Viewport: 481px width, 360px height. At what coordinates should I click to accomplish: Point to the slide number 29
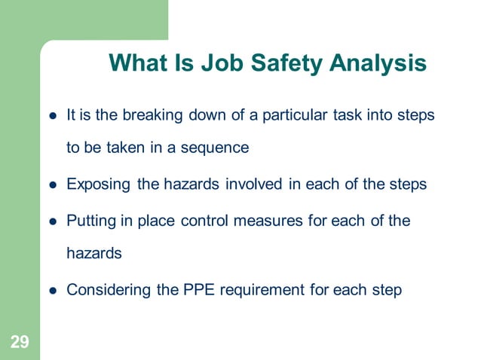(x=20, y=343)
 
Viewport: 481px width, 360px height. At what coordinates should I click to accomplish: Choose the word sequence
(x=213, y=148)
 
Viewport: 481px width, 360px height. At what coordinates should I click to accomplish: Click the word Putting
(x=91, y=221)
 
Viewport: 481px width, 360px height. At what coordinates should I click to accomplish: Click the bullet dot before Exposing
(x=54, y=185)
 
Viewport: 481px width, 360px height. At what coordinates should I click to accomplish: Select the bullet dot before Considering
(x=54, y=290)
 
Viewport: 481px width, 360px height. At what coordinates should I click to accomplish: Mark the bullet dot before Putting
(x=54, y=223)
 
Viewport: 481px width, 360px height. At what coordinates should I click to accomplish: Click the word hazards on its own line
(x=94, y=254)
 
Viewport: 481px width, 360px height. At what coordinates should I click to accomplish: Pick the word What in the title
(x=135, y=63)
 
